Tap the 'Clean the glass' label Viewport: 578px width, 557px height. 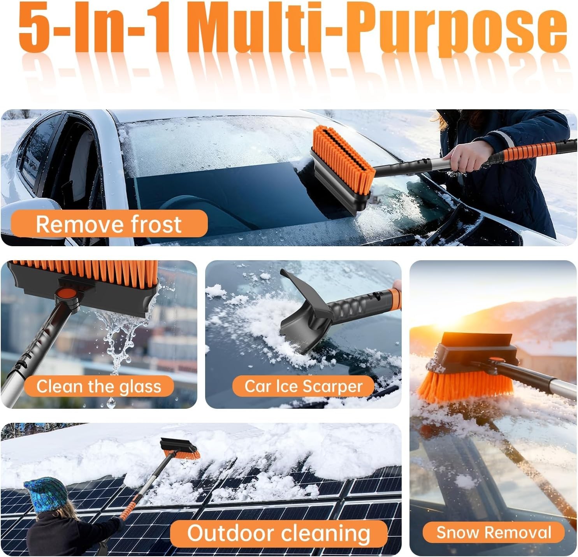98,386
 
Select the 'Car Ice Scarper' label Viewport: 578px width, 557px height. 303,386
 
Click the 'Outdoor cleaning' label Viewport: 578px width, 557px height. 279,533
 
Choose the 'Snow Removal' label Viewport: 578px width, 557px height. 494,532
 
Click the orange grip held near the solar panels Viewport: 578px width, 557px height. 127,510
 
